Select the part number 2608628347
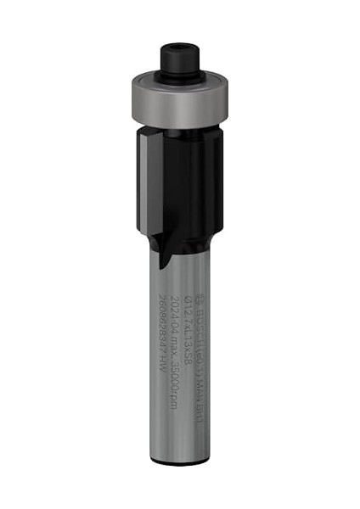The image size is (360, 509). (x=163, y=327)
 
